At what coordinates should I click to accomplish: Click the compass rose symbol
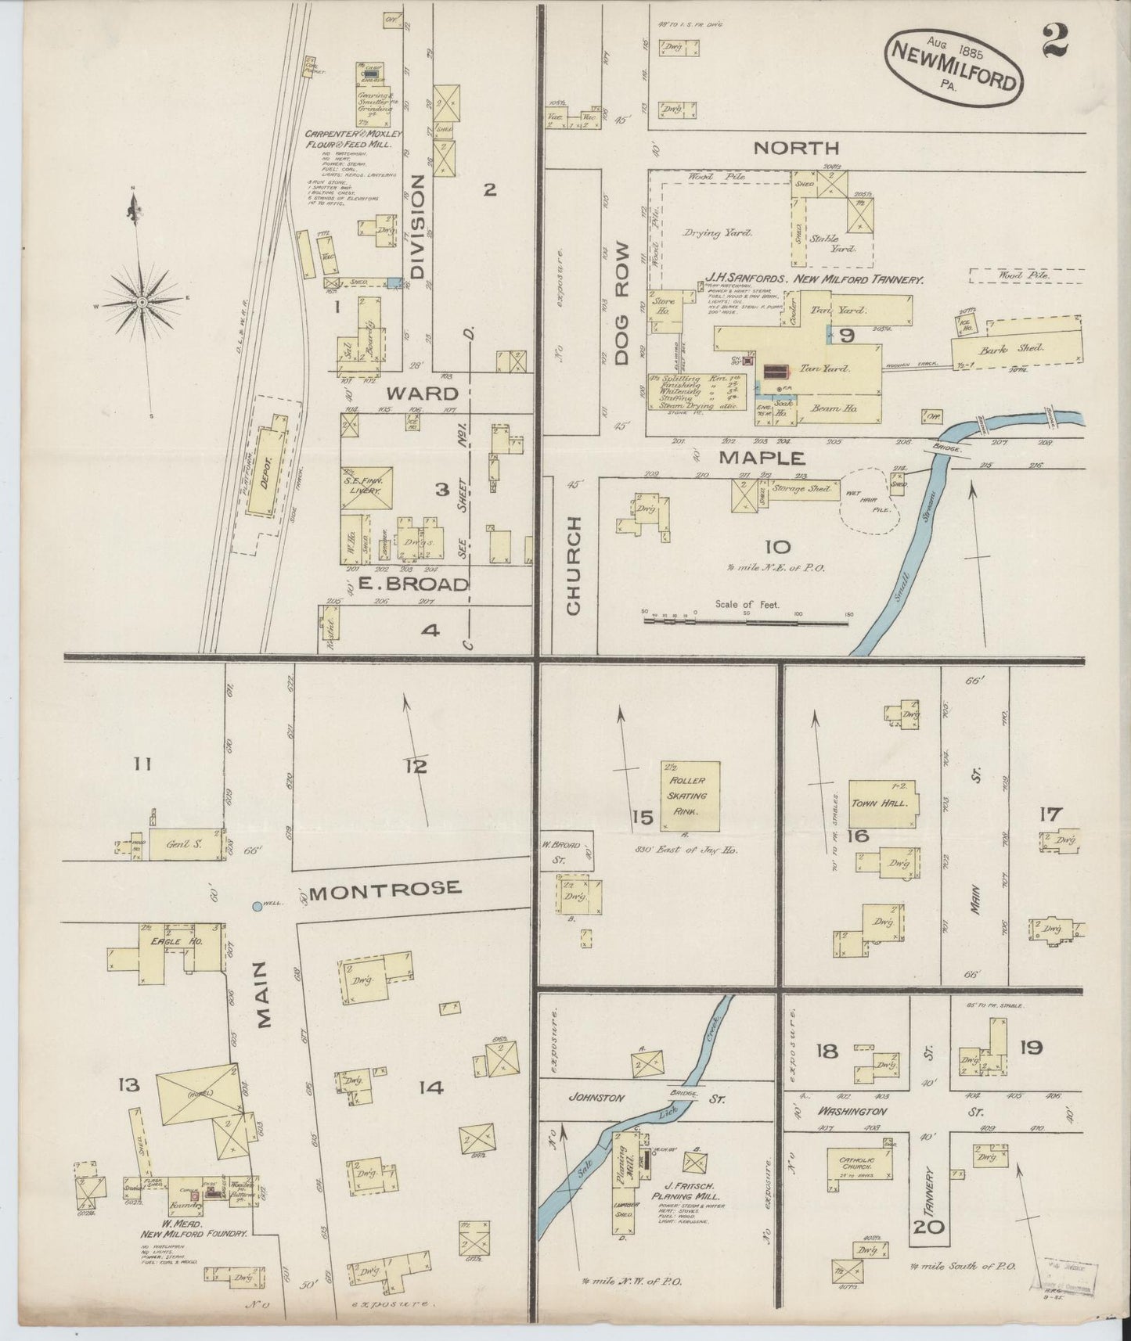click(142, 302)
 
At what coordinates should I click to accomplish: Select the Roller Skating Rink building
click(690, 795)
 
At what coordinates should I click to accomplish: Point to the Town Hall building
click(883, 803)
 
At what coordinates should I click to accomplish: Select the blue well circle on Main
click(258, 907)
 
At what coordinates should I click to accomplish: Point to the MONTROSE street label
click(383, 889)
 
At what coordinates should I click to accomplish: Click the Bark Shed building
click(1016, 348)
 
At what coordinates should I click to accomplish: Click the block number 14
click(431, 1088)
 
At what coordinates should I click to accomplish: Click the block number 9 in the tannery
click(847, 336)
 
